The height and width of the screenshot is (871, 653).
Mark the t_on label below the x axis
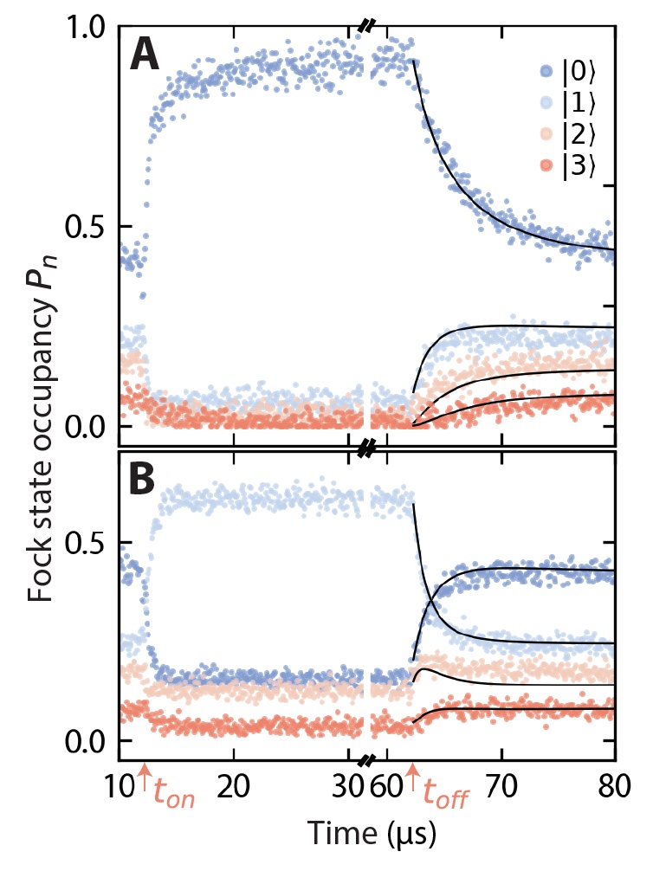(173, 795)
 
